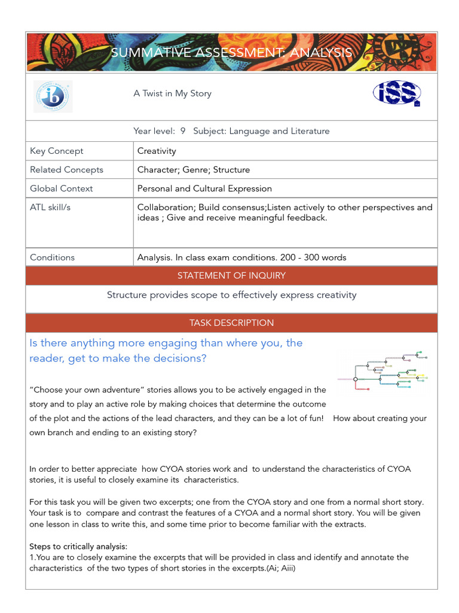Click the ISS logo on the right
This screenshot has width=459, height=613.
click(397, 93)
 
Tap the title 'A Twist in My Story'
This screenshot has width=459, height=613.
click(172, 93)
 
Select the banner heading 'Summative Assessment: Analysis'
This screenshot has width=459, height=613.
click(231, 53)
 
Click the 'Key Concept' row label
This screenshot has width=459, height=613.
click(57, 151)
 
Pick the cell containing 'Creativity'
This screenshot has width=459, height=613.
click(157, 151)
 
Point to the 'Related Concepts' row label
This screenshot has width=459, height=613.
click(66, 169)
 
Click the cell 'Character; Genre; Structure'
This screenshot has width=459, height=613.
click(194, 169)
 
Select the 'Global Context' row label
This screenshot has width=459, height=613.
click(62, 188)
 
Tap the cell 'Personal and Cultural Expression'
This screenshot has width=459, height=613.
click(204, 188)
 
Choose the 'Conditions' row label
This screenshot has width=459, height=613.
click(53, 257)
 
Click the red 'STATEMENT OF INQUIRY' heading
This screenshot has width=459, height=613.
click(231, 275)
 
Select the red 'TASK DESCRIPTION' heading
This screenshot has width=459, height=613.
click(231, 323)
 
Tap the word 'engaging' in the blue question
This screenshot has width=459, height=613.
click(166, 343)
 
